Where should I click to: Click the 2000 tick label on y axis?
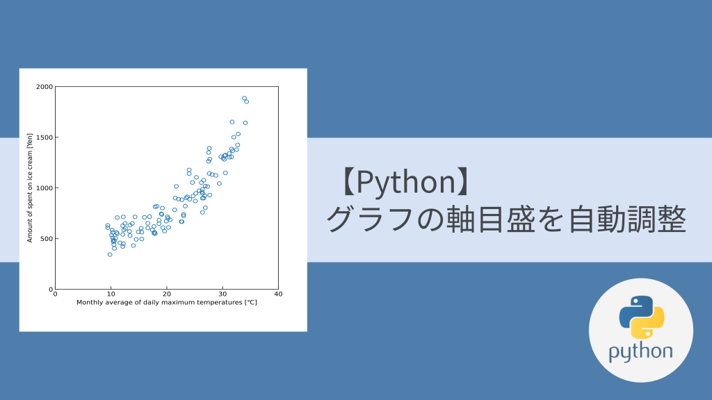pos(44,87)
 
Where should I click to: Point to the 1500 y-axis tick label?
pos(44,137)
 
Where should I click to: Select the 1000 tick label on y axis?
pos(44,188)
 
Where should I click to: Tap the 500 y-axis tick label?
pos(46,239)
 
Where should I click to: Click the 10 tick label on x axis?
pos(111,295)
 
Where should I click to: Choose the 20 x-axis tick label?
pos(166,295)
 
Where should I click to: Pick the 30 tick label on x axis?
pos(222,295)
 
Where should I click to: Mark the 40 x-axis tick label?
pos(277,295)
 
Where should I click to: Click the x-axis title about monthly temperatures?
pos(166,303)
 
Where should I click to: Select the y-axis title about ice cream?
pos(31,187)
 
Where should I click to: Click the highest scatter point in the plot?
pos(244,98)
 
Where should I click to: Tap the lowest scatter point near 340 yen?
pos(110,254)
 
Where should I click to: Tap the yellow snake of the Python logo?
pos(650,324)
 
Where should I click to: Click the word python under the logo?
pos(640,351)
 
